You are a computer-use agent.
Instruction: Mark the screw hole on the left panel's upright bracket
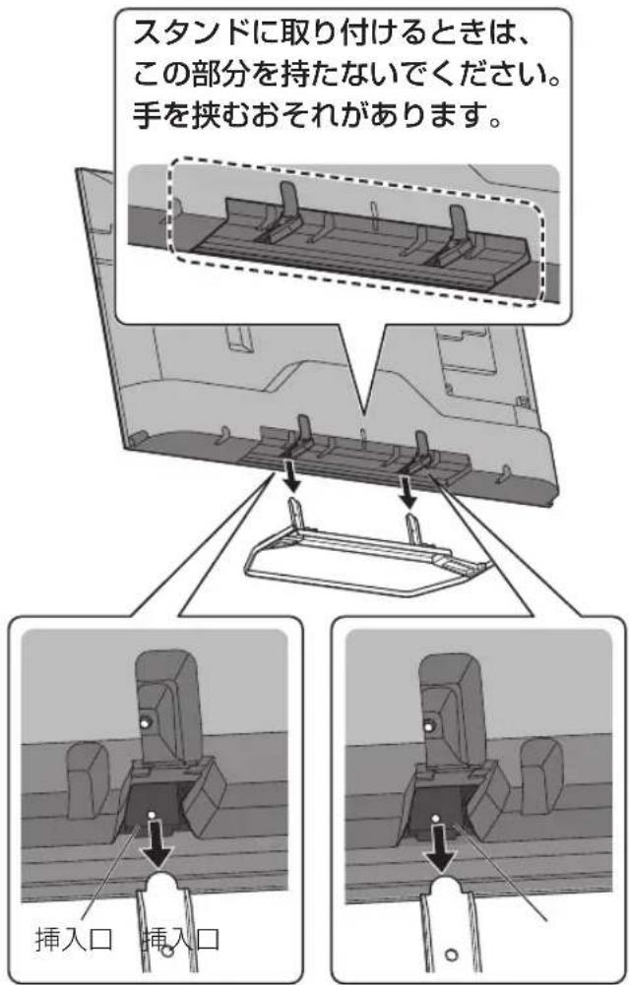(146, 723)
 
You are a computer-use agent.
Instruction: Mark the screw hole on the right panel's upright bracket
(430, 725)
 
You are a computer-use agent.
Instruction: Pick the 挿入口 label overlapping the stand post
(182, 941)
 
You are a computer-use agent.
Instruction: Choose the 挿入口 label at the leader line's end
(74, 941)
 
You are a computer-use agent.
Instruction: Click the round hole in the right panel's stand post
(450, 955)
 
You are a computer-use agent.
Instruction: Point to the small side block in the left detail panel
(88, 780)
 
